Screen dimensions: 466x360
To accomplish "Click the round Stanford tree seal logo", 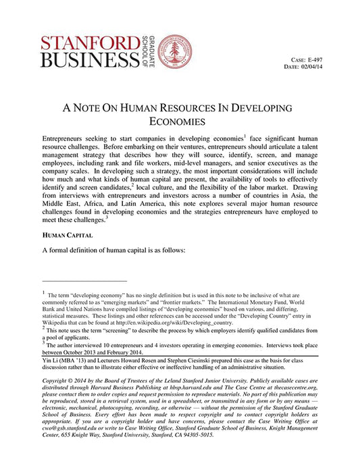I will pos(175,52).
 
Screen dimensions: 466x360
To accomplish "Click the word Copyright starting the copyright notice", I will pos(57,384).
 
